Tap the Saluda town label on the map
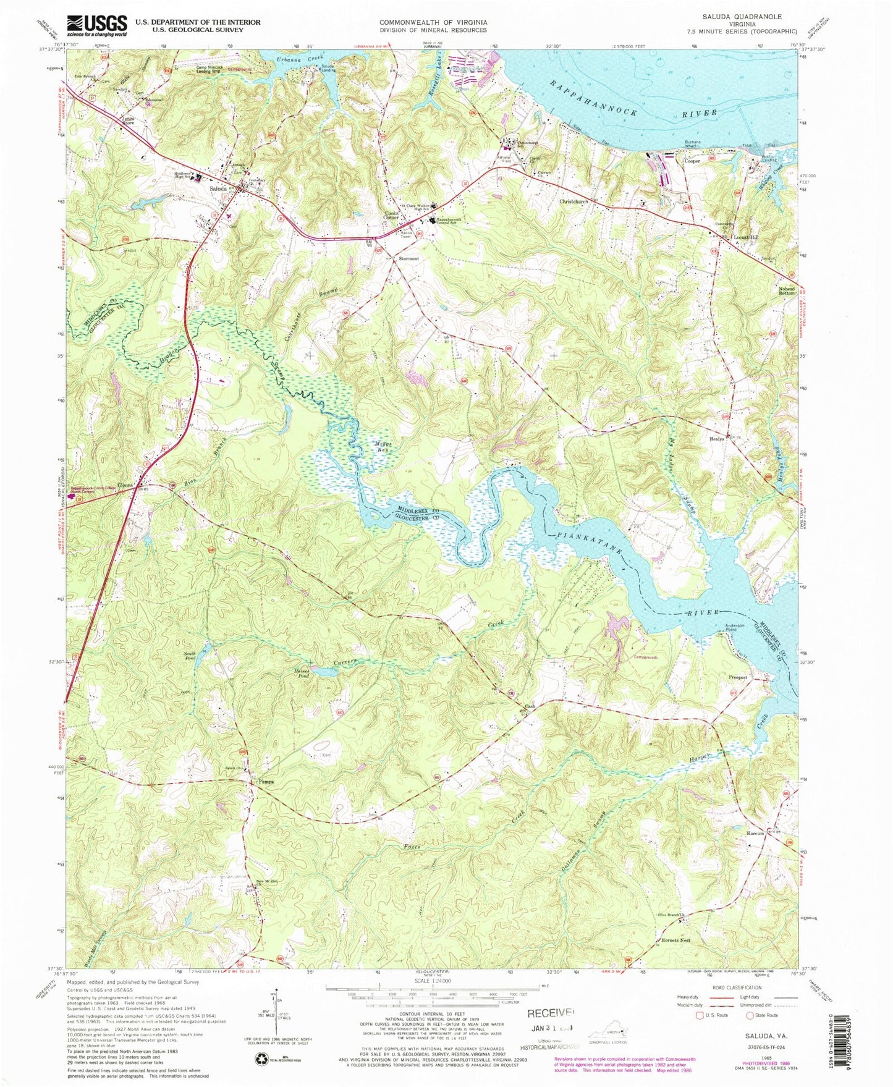point(218,188)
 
